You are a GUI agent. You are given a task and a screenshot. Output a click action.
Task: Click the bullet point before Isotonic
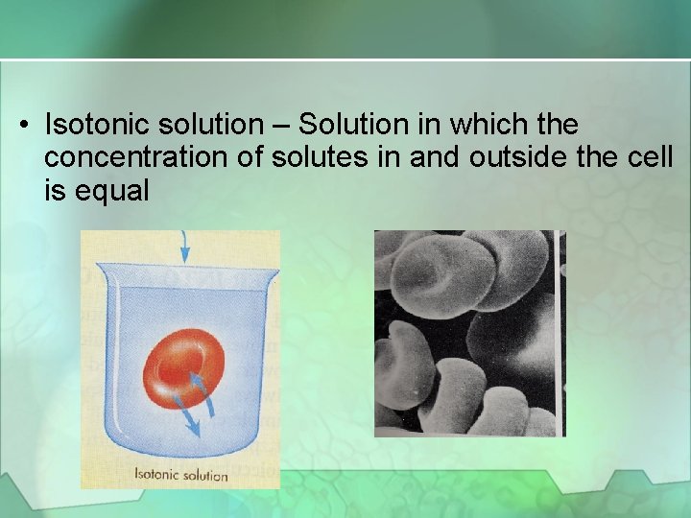(26, 126)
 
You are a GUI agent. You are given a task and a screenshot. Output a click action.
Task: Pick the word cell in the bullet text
(652, 157)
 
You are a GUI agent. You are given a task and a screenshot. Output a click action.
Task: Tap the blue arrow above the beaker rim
(184, 250)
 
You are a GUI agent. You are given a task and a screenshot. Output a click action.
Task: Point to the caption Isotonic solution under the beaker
(180, 474)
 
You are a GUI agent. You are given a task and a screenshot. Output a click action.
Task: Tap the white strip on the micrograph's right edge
(560, 331)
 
